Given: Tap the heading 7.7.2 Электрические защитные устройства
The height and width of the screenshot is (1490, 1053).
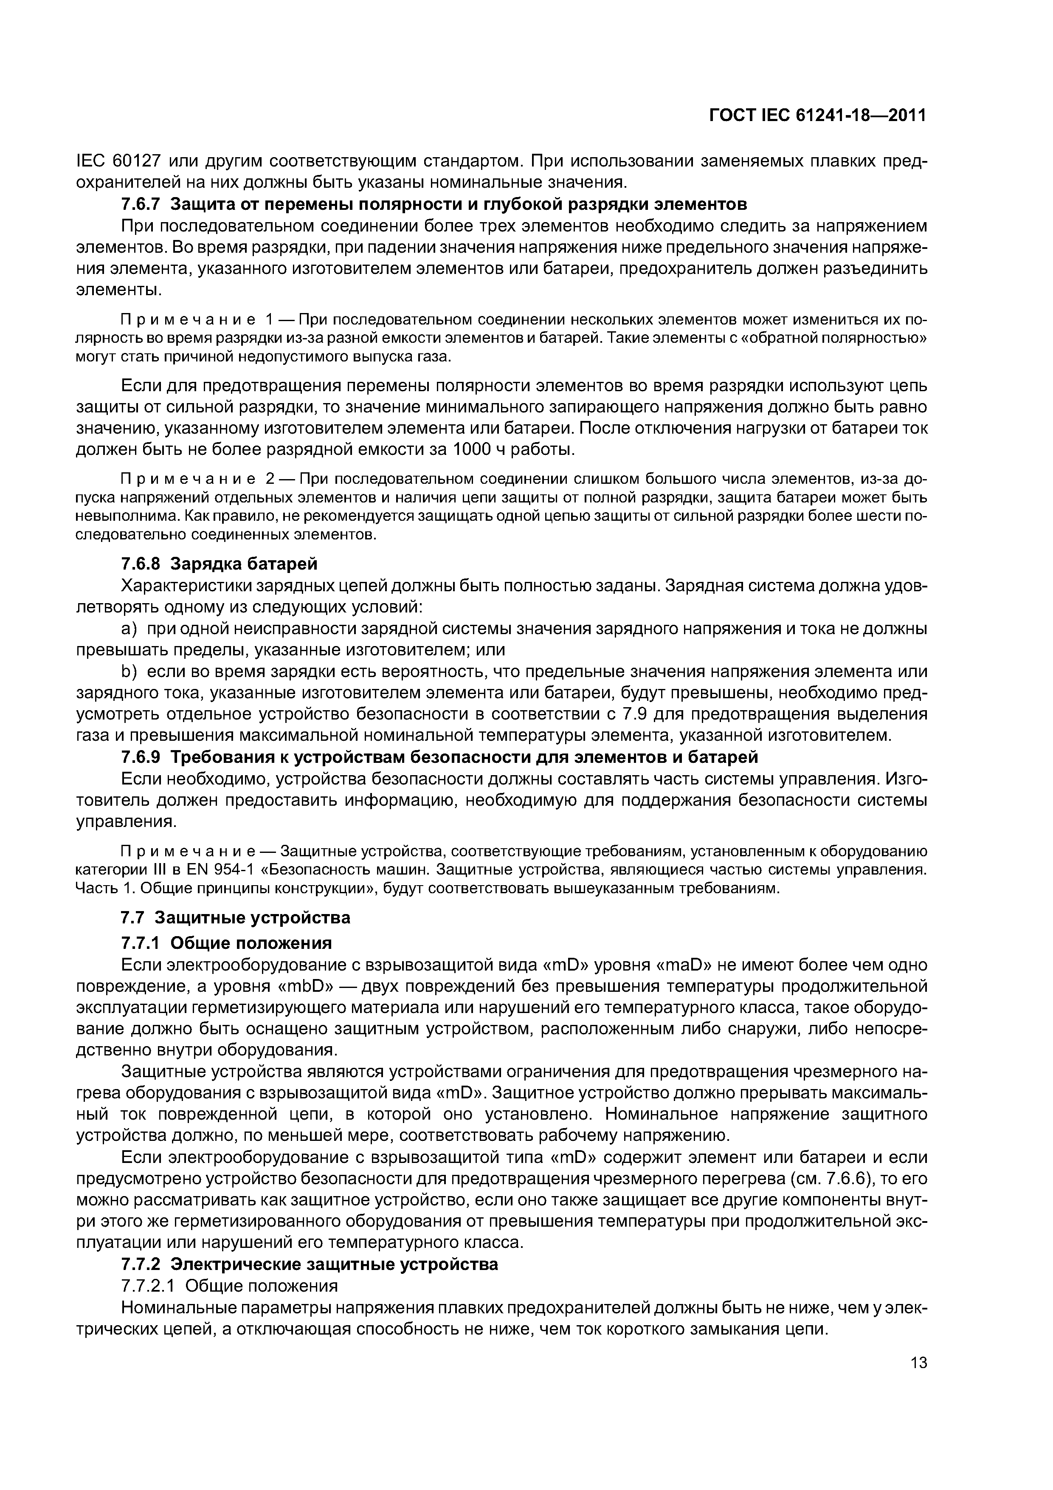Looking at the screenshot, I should pos(310,1264).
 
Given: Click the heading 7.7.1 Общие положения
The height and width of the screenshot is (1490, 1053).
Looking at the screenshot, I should pos(226,942).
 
